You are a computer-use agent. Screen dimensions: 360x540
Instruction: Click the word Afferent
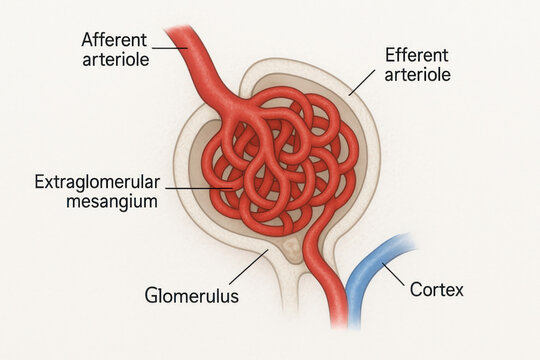click(x=113, y=40)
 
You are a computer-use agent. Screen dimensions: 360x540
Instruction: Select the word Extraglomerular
click(x=96, y=182)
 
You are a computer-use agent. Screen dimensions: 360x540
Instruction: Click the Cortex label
click(x=437, y=291)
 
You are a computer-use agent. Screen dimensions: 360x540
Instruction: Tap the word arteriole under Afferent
click(x=116, y=60)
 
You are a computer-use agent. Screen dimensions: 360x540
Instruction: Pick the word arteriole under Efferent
click(x=415, y=75)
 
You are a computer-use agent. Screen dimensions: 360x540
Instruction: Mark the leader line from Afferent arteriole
click(x=171, y=44)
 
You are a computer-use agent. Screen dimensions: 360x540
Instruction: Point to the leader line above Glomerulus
click(x=247, y=267)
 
